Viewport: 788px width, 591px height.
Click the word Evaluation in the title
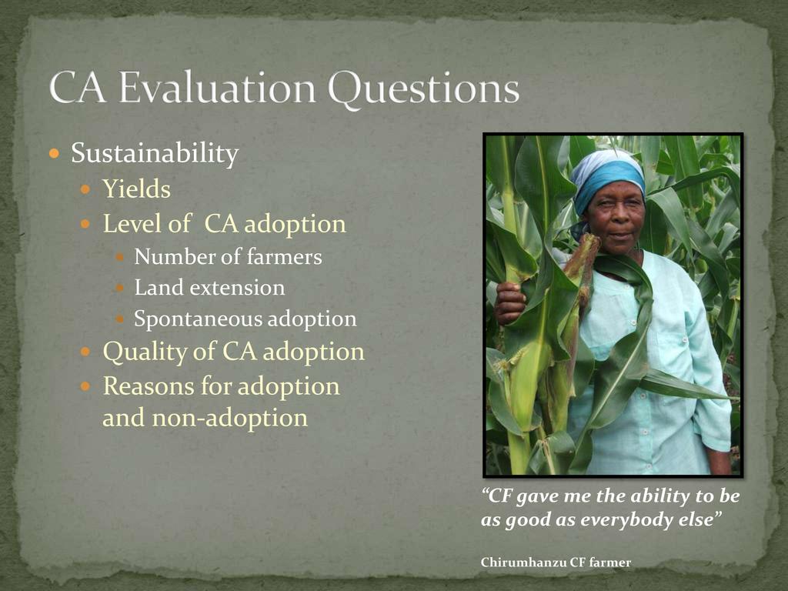pyautogui.click(x=217, y=88)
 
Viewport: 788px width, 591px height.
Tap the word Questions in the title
pyautogui.click(x=423, y=89)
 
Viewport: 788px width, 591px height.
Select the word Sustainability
pyautogui.click(x=155, y=153)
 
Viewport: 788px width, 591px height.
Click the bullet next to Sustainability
pyautogui.click(x=55, y=153)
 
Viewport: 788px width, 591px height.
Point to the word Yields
pyautogui.click(x=137, y=189)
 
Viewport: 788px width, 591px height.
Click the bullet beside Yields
pyautogui.click(x=85, y=189)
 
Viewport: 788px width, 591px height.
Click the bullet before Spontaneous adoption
pyautogui.click(x=119, y=319)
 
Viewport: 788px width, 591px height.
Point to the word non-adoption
pyautogui.click(x=229, y=418)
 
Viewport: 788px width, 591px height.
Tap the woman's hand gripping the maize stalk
pyautogui.click(x=509, y=302)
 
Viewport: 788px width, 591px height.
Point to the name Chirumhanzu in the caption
pyautogui.click(x=523, y=563)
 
